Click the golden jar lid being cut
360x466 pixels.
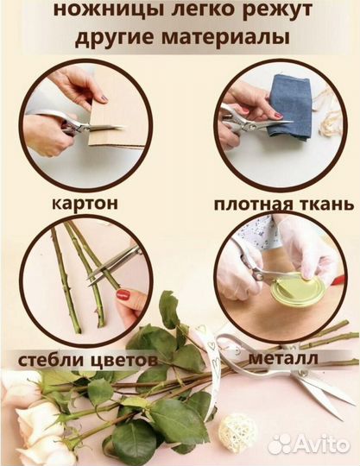(297, 288)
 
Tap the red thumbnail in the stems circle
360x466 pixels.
(123, 295)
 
